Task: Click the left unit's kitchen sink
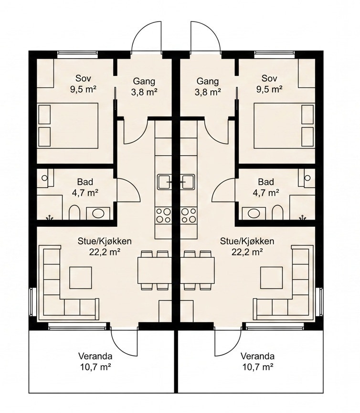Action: (165, 182)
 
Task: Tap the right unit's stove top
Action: (189, 215)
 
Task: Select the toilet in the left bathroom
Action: (74, 212)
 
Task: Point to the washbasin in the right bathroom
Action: (253, 213)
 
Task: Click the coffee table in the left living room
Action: (81, 277)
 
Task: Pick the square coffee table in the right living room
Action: (271, 277)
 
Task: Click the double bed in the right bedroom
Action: (284, 126)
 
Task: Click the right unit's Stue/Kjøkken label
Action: (247, 241)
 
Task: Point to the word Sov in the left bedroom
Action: (83, 78)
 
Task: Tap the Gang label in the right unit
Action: (208, 81)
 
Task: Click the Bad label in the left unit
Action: (85, 182)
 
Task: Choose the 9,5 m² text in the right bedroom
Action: (269, 89)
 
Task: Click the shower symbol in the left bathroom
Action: (49, 218)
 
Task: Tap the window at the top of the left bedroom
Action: (77, 55)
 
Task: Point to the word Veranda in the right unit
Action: (257, 356)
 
